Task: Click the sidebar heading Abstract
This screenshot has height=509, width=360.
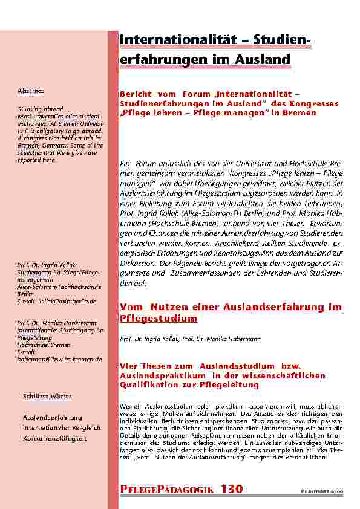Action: click(x=30, y=91)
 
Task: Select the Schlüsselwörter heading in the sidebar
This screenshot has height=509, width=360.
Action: click(x=47, y=396)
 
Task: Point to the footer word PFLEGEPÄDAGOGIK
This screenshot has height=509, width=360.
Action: click(x=166, y=490)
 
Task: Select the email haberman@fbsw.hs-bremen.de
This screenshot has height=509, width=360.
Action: click(x=59, y=359)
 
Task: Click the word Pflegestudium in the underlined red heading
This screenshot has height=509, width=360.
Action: click(x=159, y=318)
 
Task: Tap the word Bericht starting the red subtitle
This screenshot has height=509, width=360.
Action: click(x=134, y=96)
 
